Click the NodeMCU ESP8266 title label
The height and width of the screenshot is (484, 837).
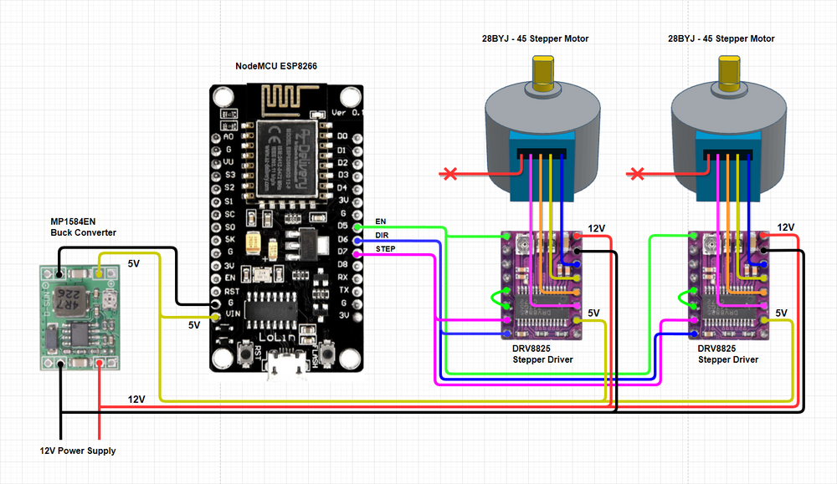click(x=275, y=65)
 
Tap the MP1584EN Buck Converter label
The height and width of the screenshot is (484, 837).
click(x=84, y=227)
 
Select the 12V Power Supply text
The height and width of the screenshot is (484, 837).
click(x=78, y=451)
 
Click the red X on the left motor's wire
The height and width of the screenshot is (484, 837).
click(x=450, y=174)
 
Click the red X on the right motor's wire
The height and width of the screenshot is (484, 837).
click(x=638, y=174)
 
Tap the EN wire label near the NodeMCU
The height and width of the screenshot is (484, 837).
click(x=382, y=221)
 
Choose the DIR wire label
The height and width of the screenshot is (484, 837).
click(x=383, y=235)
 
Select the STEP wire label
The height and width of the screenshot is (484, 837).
click(x=386, y=249)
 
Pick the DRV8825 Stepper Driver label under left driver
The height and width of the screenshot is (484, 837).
click(x=542, y=354)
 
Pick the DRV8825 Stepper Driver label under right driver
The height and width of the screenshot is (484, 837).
click(x=728, y=354)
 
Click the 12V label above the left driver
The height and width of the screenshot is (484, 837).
click(x=596, y=228)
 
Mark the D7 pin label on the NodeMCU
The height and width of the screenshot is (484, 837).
click(x=342, y=251)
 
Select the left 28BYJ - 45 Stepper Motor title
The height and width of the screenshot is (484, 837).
click(x=536, y=38)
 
